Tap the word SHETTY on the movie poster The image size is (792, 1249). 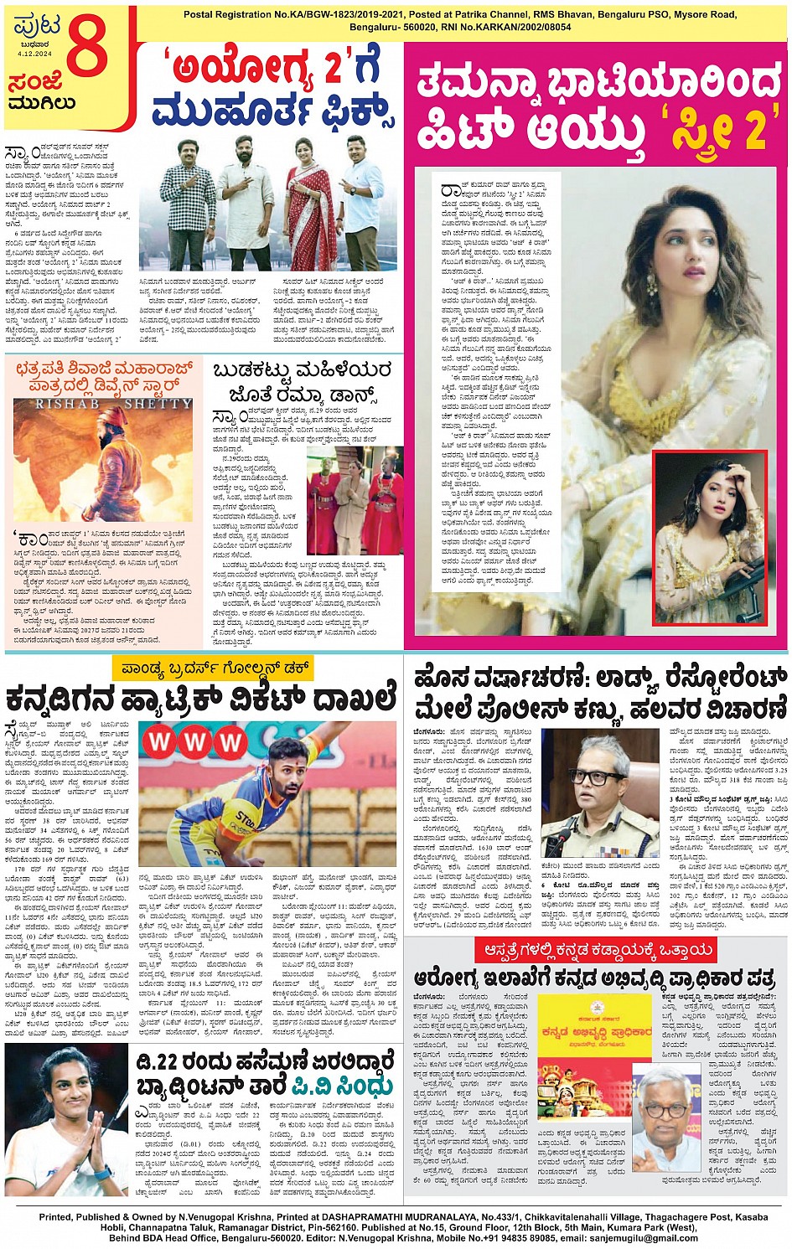pos(158,404)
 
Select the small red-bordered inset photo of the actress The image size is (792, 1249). pos(710,536)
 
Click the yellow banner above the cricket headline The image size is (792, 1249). pos(213,668)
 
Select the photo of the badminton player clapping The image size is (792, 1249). pos(65,1118)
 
